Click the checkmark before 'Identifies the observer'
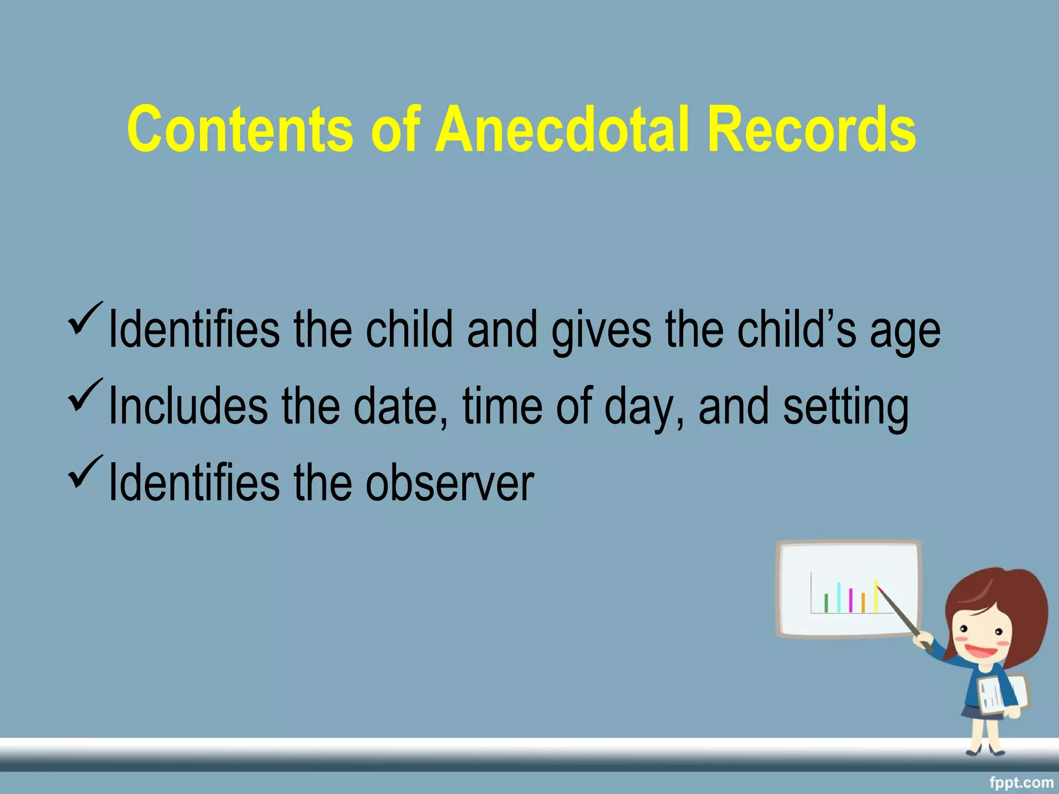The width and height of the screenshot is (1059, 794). click(84, 471)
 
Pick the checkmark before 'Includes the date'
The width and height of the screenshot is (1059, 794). click(84, 394)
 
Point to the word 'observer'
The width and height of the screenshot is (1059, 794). click(449, 483)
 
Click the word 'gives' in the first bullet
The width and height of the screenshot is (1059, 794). click(600, 331)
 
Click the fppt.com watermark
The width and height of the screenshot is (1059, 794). click(1021, 783)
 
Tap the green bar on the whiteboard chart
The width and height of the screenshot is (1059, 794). click(826, 603)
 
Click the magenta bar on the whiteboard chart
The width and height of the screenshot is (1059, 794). click(851, 600)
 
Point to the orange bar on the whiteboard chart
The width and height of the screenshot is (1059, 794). click(863, 603)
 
